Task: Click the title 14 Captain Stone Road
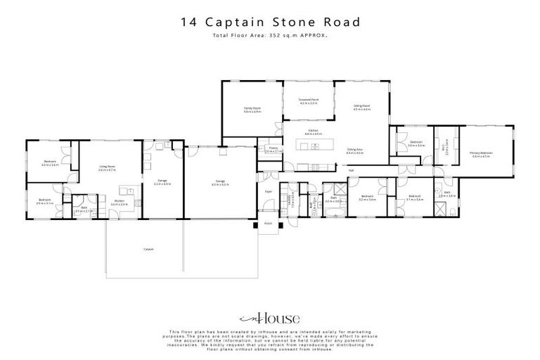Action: tap(270, 22)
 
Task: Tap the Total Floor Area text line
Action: tap(270, 36)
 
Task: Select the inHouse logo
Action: tap(270, 318)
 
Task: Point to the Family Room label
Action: tap(252, 110)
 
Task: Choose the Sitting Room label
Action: tap(361, 108)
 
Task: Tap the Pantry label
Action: tap(273, 150)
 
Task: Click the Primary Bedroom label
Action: tap(482, 154)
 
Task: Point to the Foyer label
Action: tap(268, 191)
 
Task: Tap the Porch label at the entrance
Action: tap(268, 224)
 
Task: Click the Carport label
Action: tap(148, 249)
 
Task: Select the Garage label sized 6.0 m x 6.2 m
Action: tap(220, 183)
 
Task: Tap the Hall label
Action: tap(350, 169)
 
